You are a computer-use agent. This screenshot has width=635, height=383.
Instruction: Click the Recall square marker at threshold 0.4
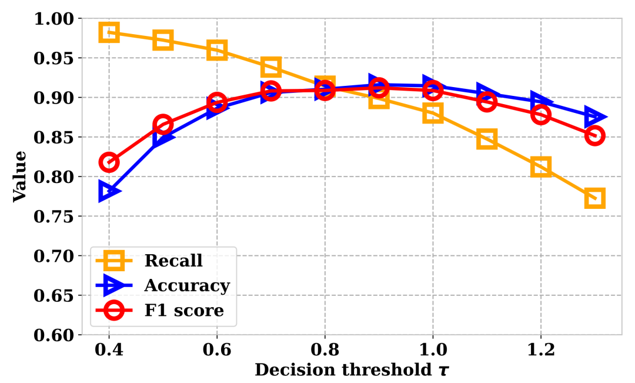(109, 32)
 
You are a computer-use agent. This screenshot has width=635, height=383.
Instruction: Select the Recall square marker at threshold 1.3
(594, 198)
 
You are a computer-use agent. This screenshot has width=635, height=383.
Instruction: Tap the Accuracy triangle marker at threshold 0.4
(109, 191)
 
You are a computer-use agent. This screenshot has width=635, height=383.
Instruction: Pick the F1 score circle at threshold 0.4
(109, 162)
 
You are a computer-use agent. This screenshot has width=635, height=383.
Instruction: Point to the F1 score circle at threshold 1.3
(594, 136)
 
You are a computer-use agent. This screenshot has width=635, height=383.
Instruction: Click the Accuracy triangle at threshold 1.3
(595, 117)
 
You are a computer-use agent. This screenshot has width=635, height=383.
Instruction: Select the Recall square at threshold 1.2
(540, 166)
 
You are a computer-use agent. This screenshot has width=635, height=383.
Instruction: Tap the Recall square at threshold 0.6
(217, 50)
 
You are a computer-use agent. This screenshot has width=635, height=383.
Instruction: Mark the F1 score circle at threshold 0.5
(163, 125)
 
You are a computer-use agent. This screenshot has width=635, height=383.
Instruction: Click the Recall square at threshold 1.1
(487, 139)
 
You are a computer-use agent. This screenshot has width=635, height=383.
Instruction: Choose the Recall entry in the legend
(173, 260)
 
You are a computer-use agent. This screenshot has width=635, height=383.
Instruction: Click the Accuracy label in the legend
(186, 285)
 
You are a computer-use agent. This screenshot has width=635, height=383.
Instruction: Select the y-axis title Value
(21, 176)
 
